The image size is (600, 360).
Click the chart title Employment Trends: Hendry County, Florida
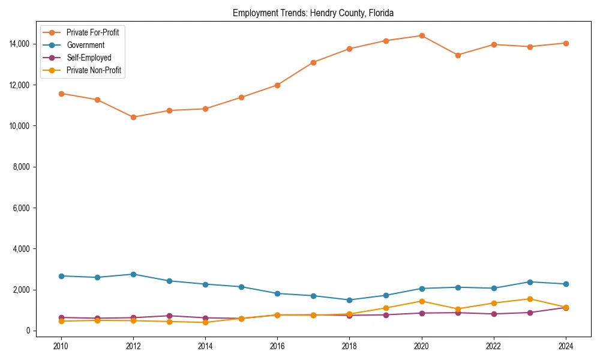[313, 13]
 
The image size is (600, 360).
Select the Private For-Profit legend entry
[92, 32]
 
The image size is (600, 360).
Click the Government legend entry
[85, 45]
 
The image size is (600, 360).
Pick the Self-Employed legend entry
[89, 58]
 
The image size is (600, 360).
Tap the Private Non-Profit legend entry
[94, 70]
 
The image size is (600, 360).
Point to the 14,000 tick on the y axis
[20, 44]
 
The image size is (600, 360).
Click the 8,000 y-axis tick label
[22, 167]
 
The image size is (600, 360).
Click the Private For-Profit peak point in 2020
[422, 35]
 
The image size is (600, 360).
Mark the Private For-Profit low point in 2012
[133, 117]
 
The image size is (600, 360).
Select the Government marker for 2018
[349, 300]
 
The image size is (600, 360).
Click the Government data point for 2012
[133, 274]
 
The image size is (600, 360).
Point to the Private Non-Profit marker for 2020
[422, 301]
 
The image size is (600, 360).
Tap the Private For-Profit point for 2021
[458, 55]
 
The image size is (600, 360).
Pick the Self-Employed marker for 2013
[169, 316]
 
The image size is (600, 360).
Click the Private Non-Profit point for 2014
[205, 322]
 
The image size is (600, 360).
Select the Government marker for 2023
[530, 282]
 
